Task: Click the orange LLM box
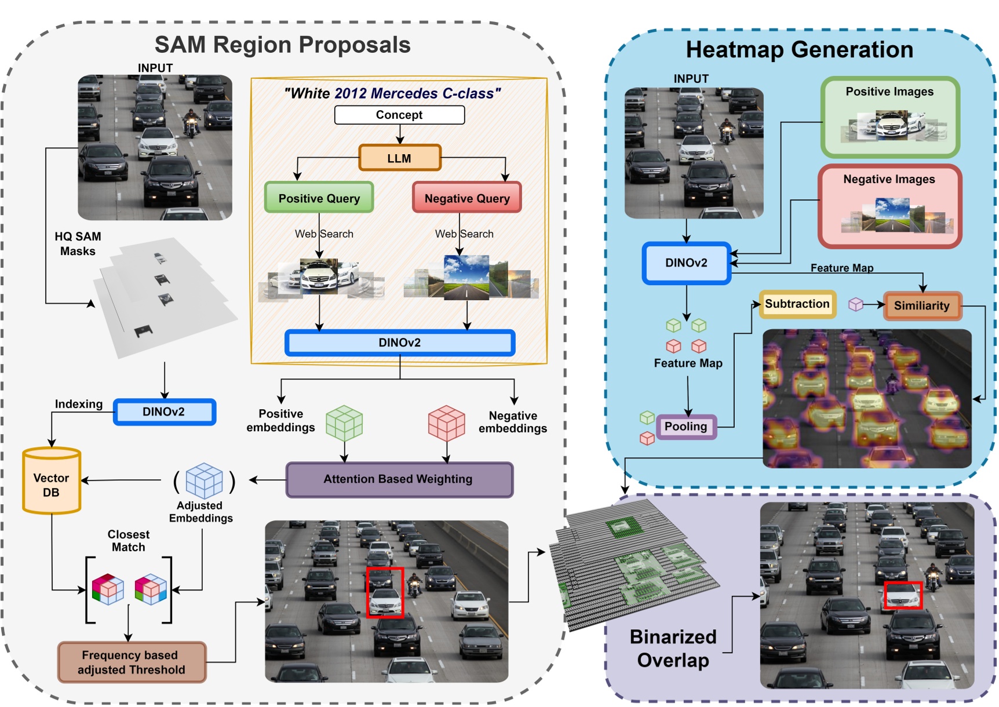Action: click(x=400, y=158)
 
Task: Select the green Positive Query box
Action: click(x=319, y=198)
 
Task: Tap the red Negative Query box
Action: click(x=467, y=198)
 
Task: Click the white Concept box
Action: click(x=399, y=115)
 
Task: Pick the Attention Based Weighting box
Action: click(x=399, y=479)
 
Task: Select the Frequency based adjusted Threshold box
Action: click(x=132, y=662)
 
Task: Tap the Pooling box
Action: click(x=686, y=427)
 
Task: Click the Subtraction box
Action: click(x=797, y=304)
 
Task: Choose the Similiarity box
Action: click(x=922, y=306)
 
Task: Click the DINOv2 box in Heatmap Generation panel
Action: click(x=687, y=263)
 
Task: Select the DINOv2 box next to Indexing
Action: click(x=164, y=412)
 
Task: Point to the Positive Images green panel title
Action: click(x=889, y=92)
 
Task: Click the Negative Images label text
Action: click(x=889, y=179)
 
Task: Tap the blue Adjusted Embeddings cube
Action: click(x=204, y=480)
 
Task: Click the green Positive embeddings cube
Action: click(x=344, y=423)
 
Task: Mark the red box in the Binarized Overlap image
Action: click(x=902, y=596)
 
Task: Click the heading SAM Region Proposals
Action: click(x=283, y=45)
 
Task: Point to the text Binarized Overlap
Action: click(x=673, y=648)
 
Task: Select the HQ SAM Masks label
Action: click(x=78, y=244)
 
